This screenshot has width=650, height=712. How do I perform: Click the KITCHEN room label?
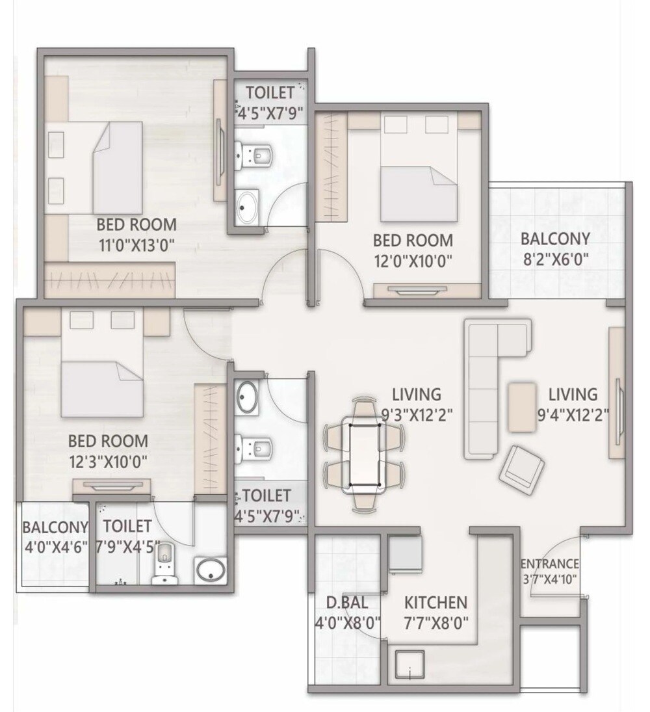pyautogui.click(x=435, y=601)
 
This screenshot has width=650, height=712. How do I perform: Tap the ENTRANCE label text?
pyautogui.click(x=549, y=564)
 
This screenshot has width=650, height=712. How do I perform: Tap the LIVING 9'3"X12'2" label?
pyautogui.click(x=416, y=403)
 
